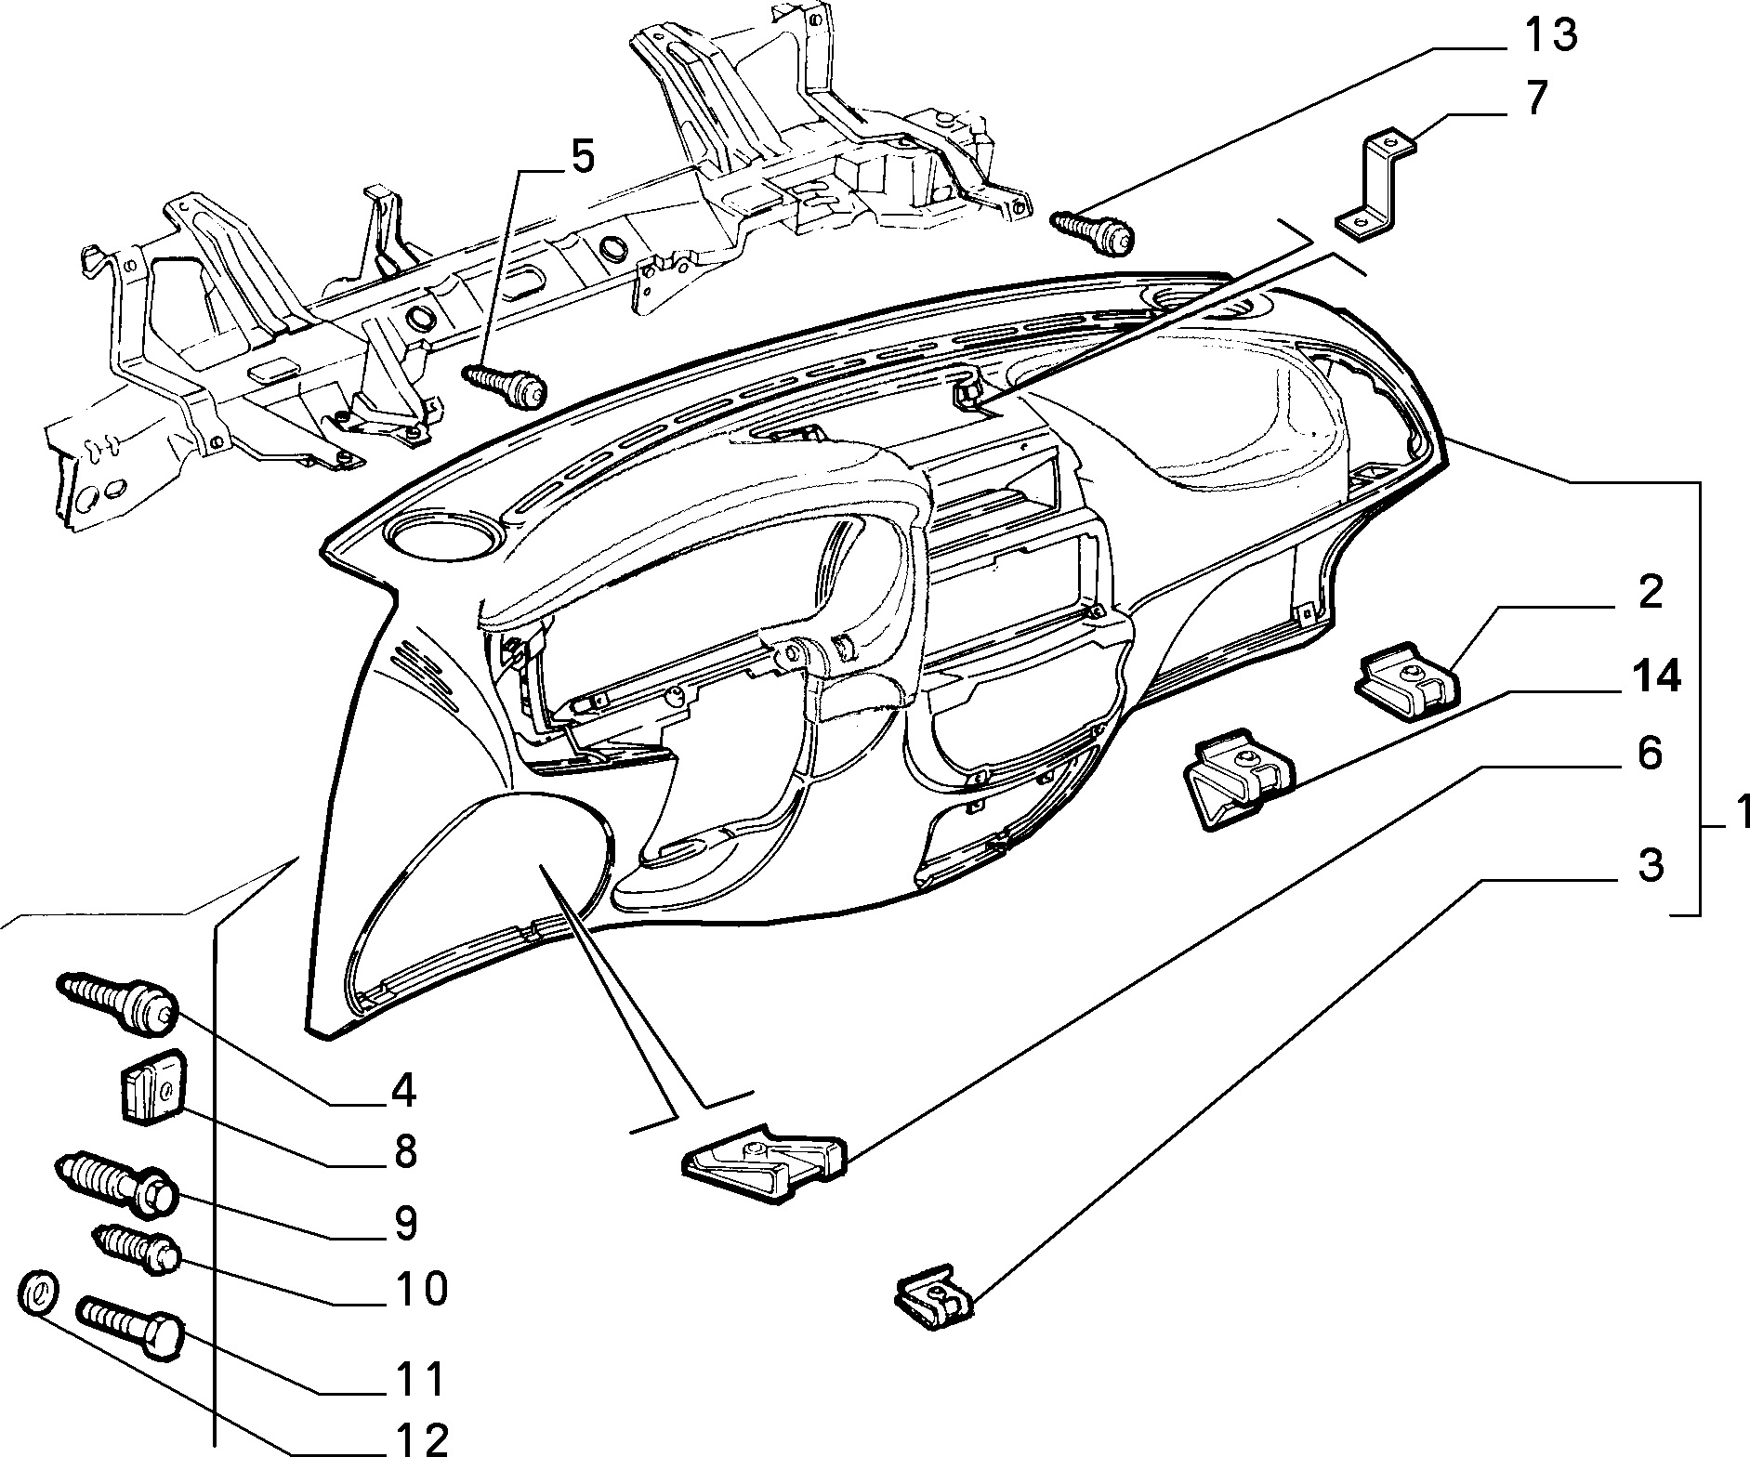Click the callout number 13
[x=1549, y=37]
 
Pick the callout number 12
[x=418, y=1437]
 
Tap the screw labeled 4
[x=116, y=1002]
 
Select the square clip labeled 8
[x=151, y=1085]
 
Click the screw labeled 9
[x=116, y=1181]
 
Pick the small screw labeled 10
[x=138, y=1251]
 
